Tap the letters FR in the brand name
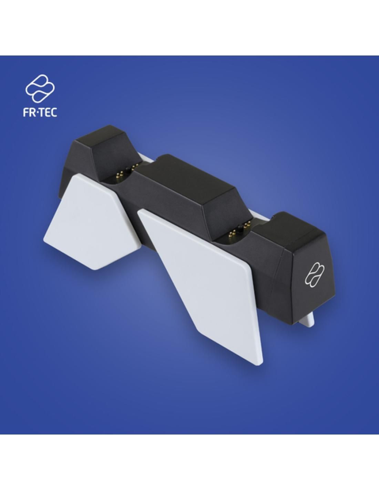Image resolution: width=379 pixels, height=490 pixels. coord(29,113)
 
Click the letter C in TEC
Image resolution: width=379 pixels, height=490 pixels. coord(54,113)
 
